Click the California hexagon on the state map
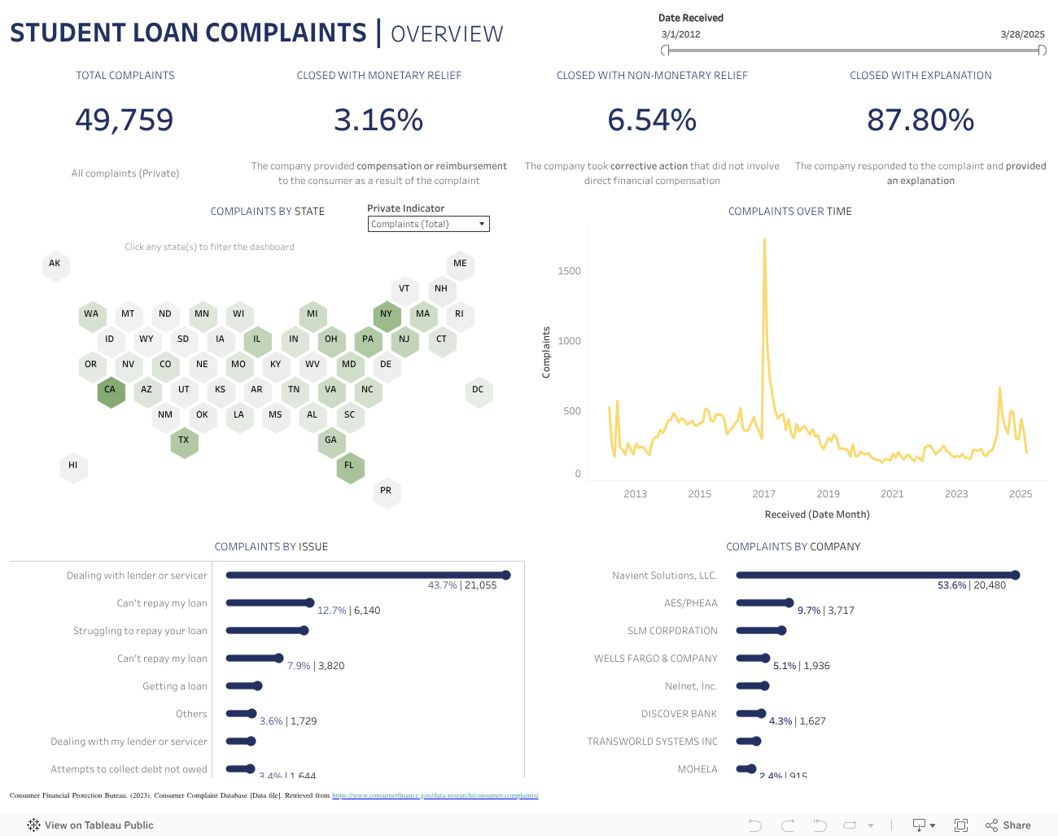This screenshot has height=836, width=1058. [x=110, y=390]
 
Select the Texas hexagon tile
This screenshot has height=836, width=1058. [x=184, y=440]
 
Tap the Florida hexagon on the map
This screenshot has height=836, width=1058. [x=349, y=466]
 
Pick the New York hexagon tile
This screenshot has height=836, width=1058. [x=387, y=314]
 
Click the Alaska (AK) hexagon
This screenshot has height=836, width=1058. [x=55, y=264]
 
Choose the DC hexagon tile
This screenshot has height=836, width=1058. [x=478, y=390]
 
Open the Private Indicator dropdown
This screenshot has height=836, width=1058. [x=428, y=224]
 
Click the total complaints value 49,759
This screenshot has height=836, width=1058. [x=125, y=120]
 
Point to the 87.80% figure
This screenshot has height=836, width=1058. [x=920, y=120]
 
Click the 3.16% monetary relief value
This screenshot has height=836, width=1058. [x=378, y=120]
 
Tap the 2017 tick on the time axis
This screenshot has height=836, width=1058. [x=763, y=494]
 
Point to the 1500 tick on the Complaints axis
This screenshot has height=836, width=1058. [x=569, y=271]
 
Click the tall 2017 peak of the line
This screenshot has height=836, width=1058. [x=764, y=240]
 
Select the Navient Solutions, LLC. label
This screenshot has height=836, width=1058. [x=665, y=576]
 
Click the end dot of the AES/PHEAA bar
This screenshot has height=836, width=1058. [x=789, y=603]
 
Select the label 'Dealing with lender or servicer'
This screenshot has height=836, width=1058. [x=137, y=576]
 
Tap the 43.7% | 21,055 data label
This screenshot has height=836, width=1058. [x=462, y=585]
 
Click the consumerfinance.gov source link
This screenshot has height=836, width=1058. [x=435, y=795]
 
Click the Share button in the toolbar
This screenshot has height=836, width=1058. [x=1008, y=825]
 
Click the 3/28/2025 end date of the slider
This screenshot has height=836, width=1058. [x=1022, y=34]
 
